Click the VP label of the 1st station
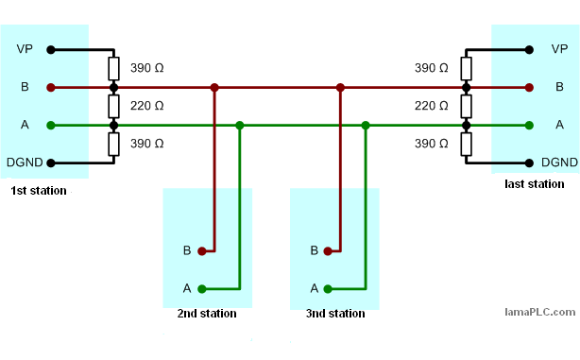26,49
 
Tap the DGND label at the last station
559,163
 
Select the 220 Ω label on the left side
145,106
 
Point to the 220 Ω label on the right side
432,106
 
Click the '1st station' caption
39,191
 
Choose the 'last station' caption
535,184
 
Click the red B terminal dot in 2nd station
201,251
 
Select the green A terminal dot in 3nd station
328,289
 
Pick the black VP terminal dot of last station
530,49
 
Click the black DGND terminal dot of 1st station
51,163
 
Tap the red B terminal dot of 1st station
51,87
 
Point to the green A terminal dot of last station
530,125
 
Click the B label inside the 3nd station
314,251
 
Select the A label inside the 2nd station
187,289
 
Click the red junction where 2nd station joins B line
214,87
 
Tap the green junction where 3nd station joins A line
366,125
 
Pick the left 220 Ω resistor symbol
113,106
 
